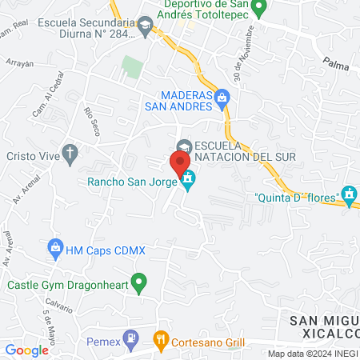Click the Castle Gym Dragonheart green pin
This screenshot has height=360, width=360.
(139, 282)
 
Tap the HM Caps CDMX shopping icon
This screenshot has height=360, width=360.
(55, 248)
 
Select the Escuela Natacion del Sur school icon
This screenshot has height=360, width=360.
(184, 146)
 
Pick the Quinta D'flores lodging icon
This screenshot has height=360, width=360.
(348, 194)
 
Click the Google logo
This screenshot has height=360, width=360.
(26, 350)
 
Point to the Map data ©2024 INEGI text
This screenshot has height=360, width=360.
(312, 353)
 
